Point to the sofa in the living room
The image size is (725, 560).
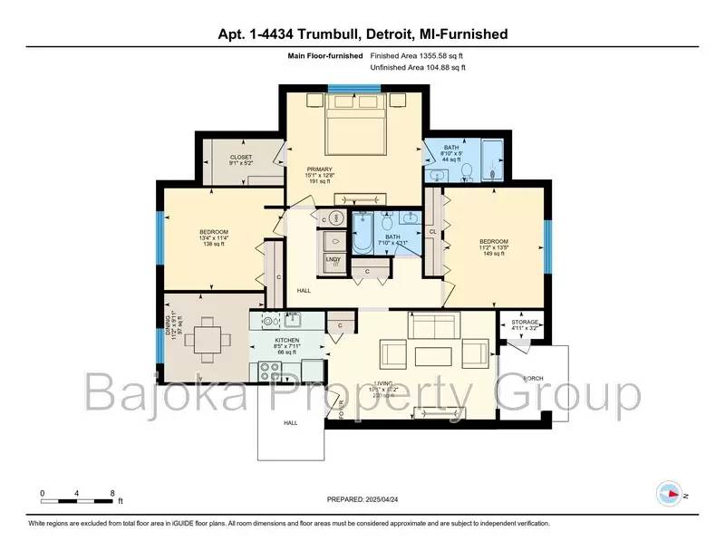click(435, 324)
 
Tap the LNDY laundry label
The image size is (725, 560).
click(333, 262)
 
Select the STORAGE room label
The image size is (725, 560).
click(525, 322)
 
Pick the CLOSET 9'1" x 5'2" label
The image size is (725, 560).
click(240, 160)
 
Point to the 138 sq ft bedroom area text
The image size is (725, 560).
click(214, 245)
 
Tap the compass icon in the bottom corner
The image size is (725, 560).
click(667, 494)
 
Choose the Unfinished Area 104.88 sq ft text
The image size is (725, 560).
click(420, 68)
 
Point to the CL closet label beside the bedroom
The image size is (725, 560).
click(433, 232)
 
